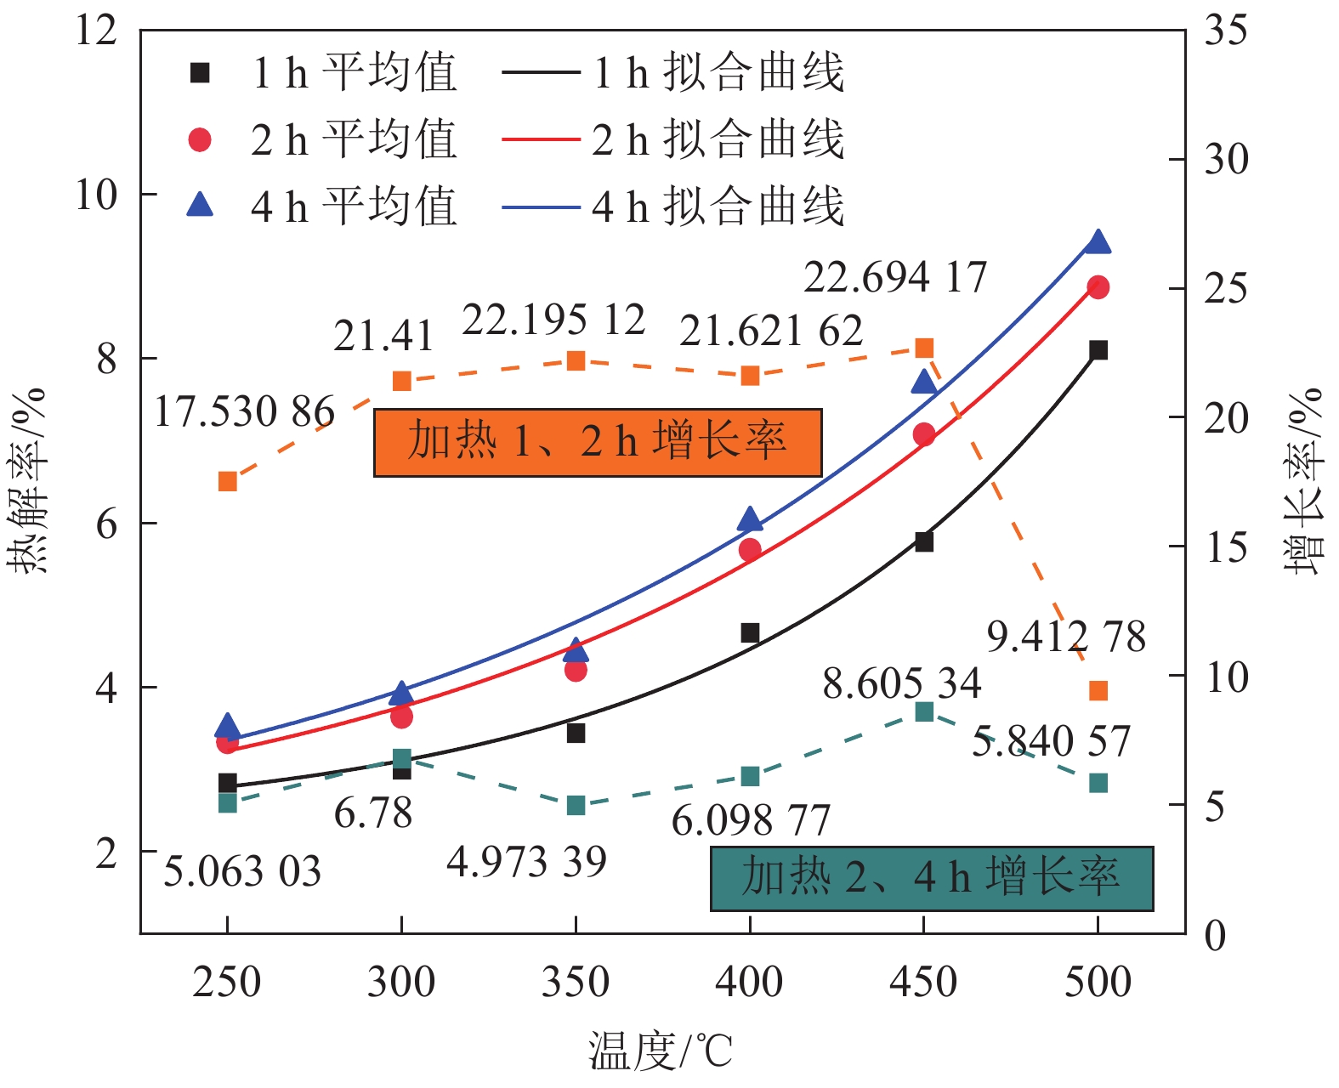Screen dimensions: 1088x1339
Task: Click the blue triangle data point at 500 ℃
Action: click(x=1098, y=243)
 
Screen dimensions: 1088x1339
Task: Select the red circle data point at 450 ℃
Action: click(x=924, y=435)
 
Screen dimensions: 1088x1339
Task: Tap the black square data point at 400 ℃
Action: click(x=750, y=632)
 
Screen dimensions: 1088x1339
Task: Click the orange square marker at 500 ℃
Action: click(x=1098, y=690)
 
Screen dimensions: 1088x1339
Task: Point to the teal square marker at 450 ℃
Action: click(x=924, y=711)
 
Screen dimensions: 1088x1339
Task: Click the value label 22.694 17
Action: click(x=894, y=277)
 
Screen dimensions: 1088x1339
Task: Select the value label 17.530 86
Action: click(x=244, y=412)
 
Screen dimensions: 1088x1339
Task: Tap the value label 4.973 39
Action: click(x=526, y=862)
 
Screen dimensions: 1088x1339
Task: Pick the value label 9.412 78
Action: click(x=1066, y=637)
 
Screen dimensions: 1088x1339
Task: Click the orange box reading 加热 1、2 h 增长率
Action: click(x=598, y=442)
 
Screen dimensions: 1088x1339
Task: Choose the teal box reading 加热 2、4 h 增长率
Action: click(x=932, y=878)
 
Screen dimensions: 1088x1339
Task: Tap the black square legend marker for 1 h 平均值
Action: click(x=200, y=73)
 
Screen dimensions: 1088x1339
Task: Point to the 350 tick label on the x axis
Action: click(x=576, y=982)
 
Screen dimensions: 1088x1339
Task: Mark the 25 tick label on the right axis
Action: click(x=1225, y=289)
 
